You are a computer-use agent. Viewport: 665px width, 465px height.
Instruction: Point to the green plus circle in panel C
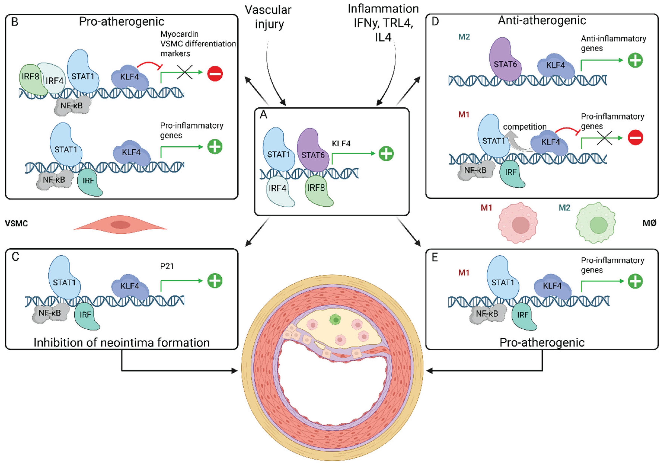[x=215, y=280]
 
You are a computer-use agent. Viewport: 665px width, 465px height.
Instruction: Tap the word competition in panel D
[x=525, y=127]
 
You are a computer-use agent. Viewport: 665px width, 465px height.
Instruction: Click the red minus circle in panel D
[x=635, y=137]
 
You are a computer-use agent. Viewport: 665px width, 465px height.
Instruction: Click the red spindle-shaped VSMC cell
[x=121, y=225]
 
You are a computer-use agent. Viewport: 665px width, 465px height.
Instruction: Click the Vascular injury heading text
[x=268, y=17]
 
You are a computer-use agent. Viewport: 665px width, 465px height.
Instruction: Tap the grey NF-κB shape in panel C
[x=50, y=313]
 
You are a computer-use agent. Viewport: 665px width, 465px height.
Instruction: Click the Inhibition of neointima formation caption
[x=122, y=343]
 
